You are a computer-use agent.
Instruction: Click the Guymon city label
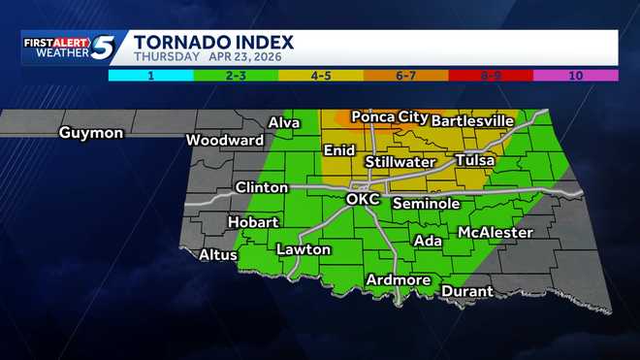[x=90, y=132]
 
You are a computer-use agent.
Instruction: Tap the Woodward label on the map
[x=225, y=140]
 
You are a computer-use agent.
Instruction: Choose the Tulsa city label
[x=474, y=159]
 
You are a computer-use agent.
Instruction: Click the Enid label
[x=338, y=151]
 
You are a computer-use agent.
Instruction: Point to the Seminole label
[x=426, y=204]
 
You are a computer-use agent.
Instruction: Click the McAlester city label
[x=495, y=233]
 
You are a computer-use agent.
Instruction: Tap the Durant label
[x=467, y=291]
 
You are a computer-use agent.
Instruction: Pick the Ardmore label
[x=398, y=280]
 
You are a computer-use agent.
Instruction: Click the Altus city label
[x=218, y=255]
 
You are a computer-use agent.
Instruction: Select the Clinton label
[x=261, y=187]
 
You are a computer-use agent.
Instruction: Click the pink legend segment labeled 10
[x=576, y=74]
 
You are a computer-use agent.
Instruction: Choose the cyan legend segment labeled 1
[x=150, y=74]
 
